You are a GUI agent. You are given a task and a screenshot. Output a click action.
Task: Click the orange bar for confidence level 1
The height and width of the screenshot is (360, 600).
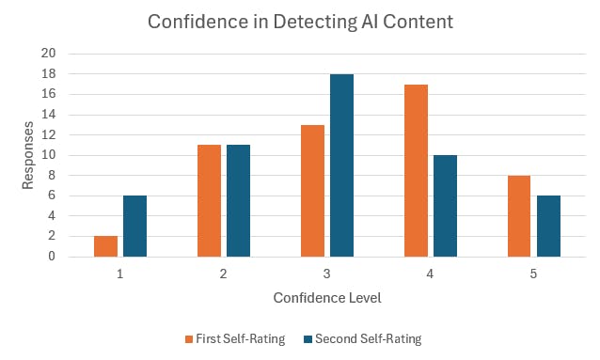point(106,246)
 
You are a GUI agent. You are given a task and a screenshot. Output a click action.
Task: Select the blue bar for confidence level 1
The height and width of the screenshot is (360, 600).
point(134,226)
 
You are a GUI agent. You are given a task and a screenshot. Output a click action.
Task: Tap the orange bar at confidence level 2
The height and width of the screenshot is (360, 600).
point(209,200)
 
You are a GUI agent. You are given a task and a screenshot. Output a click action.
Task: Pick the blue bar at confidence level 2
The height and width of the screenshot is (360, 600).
point(238,200)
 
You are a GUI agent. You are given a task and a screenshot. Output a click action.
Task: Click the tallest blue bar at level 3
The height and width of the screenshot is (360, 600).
point(341,165)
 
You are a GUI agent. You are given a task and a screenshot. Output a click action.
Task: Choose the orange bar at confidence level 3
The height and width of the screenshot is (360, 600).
point(312,191)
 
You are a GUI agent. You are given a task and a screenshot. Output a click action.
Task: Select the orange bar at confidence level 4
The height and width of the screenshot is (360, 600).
point(416,170)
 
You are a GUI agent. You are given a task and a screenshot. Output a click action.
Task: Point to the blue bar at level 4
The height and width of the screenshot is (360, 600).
point(445,206)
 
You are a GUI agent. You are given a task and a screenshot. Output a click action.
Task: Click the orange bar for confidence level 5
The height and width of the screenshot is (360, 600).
point(519,216)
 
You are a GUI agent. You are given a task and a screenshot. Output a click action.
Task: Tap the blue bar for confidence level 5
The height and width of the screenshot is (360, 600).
point(548,226)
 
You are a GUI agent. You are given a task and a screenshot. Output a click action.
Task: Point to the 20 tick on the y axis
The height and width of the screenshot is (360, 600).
point(50,54)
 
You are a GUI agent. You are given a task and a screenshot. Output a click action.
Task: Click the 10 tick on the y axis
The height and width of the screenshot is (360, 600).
point(50,155)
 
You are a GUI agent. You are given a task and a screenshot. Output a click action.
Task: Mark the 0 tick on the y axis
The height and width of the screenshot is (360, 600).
point(53,257)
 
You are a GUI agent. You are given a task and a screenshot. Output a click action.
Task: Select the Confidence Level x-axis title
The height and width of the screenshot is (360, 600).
point(326,298)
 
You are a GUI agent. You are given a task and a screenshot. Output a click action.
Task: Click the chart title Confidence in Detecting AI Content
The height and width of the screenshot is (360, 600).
point(299,22)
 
